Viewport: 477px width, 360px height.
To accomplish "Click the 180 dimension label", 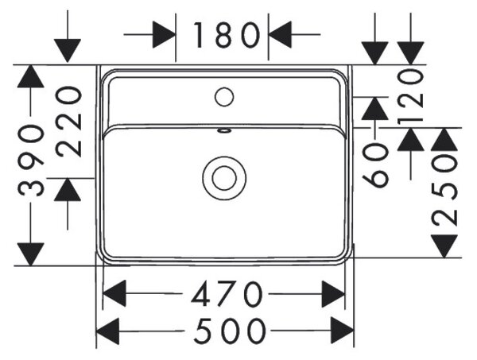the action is pos(227,35).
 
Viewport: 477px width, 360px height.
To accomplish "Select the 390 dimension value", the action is pos(31,160).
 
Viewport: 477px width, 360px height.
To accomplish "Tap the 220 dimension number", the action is pos(68,122).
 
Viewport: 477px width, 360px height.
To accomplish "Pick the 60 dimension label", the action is pos(375,165).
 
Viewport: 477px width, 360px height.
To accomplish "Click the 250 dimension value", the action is pos(444,191).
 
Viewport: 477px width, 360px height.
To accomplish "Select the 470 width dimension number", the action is pos(227,294).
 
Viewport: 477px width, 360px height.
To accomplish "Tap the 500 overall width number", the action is pos(230,331).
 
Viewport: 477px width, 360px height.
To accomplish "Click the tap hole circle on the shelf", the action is pos(224,97).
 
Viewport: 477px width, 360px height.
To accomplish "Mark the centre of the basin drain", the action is pos(224,178).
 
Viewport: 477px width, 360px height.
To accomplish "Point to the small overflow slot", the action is pos(224,131).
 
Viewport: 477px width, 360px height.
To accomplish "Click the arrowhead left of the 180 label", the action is pos(164,35).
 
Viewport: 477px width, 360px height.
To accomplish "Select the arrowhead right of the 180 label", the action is pos(280,35).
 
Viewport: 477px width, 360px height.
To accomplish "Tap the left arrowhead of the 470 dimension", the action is pos(114,294).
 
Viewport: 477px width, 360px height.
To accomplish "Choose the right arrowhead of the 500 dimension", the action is pos(343,331).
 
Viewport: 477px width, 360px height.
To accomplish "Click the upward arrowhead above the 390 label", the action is pos(31,76).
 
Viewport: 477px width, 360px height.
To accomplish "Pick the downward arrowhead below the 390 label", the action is pos(31,254).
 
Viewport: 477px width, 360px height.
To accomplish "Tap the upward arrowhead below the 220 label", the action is pos(68,190).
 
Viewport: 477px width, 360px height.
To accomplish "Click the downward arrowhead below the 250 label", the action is pos(444,246).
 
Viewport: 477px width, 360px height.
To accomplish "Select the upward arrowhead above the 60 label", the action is pos(374,109).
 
